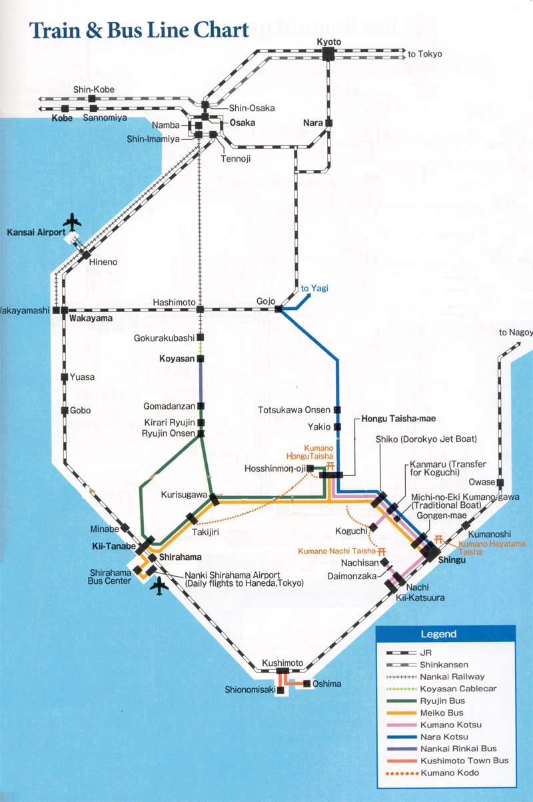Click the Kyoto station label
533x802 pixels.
coord(329,42)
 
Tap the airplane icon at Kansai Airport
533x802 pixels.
coord(73,221)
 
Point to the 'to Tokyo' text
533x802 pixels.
coord(425,54)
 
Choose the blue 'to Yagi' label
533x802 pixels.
coord(314,289)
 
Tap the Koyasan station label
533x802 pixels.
coord(177,359)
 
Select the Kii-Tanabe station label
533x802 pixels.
coord(111,547)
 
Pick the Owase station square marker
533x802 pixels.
coord(500,483)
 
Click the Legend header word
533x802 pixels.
coord(438,634)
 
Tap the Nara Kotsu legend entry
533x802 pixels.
coord(444,737)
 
